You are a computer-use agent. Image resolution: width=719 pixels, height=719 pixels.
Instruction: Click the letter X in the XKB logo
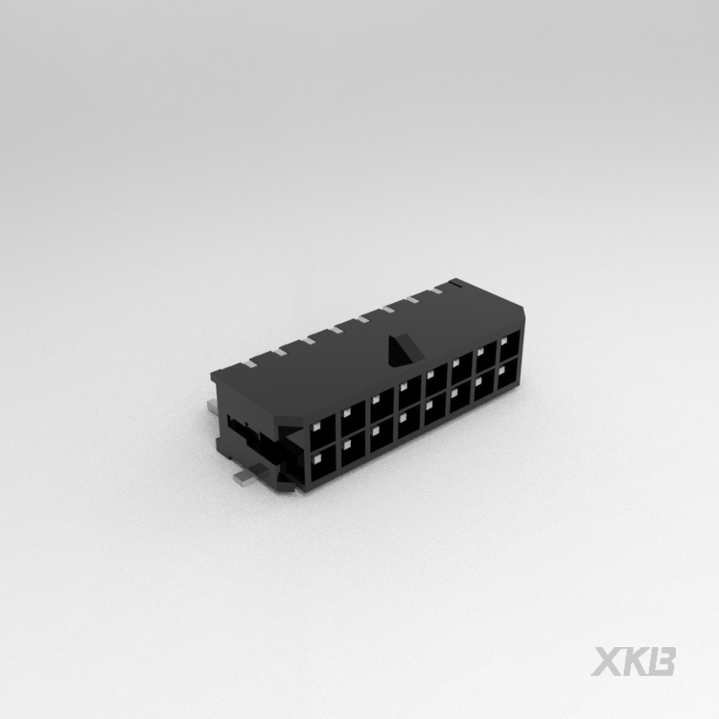pos(610,661)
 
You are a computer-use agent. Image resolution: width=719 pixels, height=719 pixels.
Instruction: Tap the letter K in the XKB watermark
pos(638,661)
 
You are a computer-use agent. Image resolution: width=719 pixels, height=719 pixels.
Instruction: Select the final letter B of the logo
pos(663,661)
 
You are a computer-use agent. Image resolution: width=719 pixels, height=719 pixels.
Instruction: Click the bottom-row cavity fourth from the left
pos(408,424)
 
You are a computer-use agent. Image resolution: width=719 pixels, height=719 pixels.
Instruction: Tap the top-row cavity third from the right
pos(459,364)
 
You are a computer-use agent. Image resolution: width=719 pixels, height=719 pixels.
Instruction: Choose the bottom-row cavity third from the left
pos(381,437)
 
